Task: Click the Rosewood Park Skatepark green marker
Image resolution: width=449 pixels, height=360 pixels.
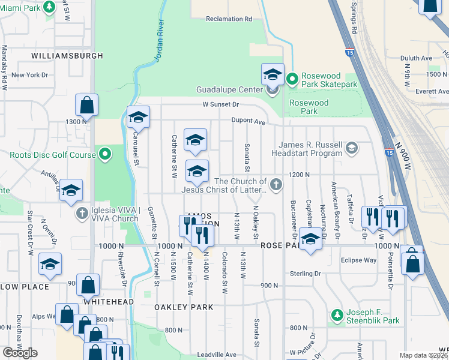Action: [292, 79]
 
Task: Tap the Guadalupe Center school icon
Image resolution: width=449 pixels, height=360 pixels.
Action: [273, 76]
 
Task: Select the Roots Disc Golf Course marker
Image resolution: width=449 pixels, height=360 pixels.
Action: [106, 155]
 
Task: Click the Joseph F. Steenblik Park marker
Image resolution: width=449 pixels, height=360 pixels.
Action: [337, 315]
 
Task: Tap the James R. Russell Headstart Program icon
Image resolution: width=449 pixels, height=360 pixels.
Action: [352, 147]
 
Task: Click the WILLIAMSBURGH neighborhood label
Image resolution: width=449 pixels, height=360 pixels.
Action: [68, 56]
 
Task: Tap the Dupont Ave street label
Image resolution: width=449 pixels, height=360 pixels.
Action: [249, 121]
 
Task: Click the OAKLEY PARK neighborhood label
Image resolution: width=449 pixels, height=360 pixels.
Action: [184, 307]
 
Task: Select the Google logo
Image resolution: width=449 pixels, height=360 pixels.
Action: [20, 352]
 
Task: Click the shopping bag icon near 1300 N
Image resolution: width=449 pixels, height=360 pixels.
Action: [87, 106]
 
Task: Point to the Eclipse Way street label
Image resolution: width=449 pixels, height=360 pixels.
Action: [358, 260]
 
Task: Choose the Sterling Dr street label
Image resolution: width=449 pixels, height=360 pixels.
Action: [305, 274]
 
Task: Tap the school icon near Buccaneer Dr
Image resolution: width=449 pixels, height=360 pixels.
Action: [310, 239]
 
